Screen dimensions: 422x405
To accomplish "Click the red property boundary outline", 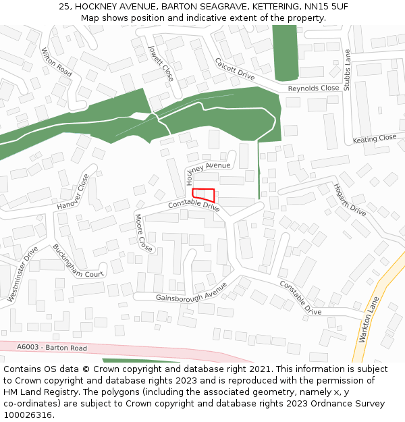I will (x=204, y=194).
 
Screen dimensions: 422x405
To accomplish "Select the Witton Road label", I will (x=56, y=61).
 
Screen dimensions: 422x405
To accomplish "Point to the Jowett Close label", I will (x=161, y=63).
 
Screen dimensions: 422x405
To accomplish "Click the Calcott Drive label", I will (x=234, y=69).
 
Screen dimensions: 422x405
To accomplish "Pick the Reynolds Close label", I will (x=313, y=88).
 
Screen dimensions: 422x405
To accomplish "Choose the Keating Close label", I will (x=375, y=138).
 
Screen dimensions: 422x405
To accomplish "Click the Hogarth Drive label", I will (x=349, y=200).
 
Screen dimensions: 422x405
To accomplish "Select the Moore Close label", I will (x=143, y=233).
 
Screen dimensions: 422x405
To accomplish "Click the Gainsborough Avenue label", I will (x=191, y=292).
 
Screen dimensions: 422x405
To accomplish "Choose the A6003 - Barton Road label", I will (x=52, y=348).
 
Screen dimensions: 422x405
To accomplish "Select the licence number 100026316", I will (x=27, y=415).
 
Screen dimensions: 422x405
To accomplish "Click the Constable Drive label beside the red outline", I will (x=194, y=205).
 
